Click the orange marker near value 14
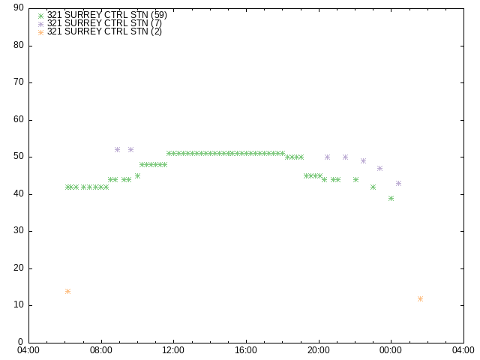tap(68, 291)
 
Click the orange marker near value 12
tap(420, 298)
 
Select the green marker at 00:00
tap(391, 198)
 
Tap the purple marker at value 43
tap(398, 183)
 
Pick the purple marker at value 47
tap(380, 168)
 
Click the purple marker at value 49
tap(363, 160)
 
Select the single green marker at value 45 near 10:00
tap(137, 175)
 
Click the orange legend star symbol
tap(40, 32)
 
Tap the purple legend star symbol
tap(40, 24)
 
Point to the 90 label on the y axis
tap(19, 7)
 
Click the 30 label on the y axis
tap(19, 230)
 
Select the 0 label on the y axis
tap(21, 342)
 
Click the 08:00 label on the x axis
tap(101, 350)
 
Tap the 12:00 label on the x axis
tap(173, 350)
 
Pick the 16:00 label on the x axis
tap(246, 350)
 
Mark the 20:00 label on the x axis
tap(318, 350)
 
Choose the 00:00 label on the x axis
tap(391, 350)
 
